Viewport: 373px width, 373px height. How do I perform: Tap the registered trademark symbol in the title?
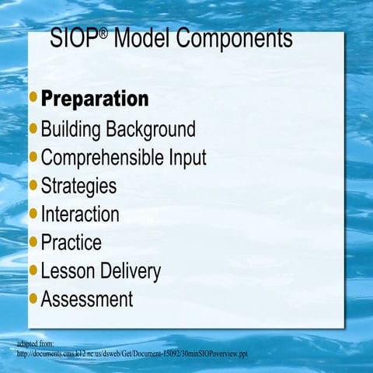tap(103, 32)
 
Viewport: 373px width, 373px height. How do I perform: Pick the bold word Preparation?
tap(94, 99)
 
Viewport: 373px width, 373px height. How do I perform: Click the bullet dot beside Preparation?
tap(33, 99)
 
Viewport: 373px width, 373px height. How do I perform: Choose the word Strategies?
tap(78, 186)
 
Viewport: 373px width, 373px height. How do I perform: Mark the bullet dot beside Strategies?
tap(33, 185)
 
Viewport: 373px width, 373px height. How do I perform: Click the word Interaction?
tap(80, 214)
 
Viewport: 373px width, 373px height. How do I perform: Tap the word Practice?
tap(71, 242)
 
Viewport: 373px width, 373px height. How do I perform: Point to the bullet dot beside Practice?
tap(33, 242)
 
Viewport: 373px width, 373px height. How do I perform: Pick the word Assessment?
tap(87, 299)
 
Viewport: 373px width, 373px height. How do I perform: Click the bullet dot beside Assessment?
tap(33, 298)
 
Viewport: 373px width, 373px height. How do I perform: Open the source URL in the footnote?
tap(132, 354)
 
